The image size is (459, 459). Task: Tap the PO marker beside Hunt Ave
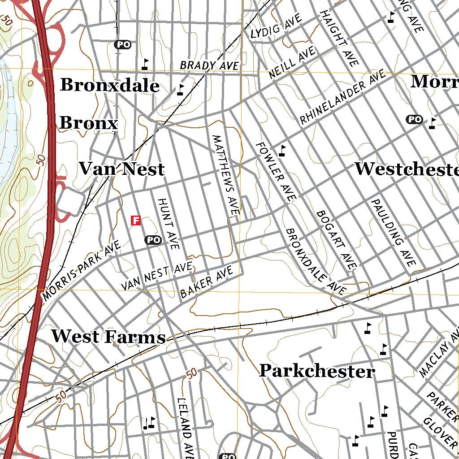click(153, 240)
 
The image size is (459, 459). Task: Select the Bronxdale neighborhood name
click(110, 85)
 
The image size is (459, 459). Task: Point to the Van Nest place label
click(121, 169)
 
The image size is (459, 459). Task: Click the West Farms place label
click(108, 337)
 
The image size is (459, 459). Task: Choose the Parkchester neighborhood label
click(317, 371)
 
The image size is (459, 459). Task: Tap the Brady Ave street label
click(209, 65)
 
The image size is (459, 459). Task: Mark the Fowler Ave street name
click(276, 171)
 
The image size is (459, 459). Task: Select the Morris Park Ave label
click(82, 271)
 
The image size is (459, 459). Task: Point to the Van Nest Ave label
click(157, 277)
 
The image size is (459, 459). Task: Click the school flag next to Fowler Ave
click(281, 151)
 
